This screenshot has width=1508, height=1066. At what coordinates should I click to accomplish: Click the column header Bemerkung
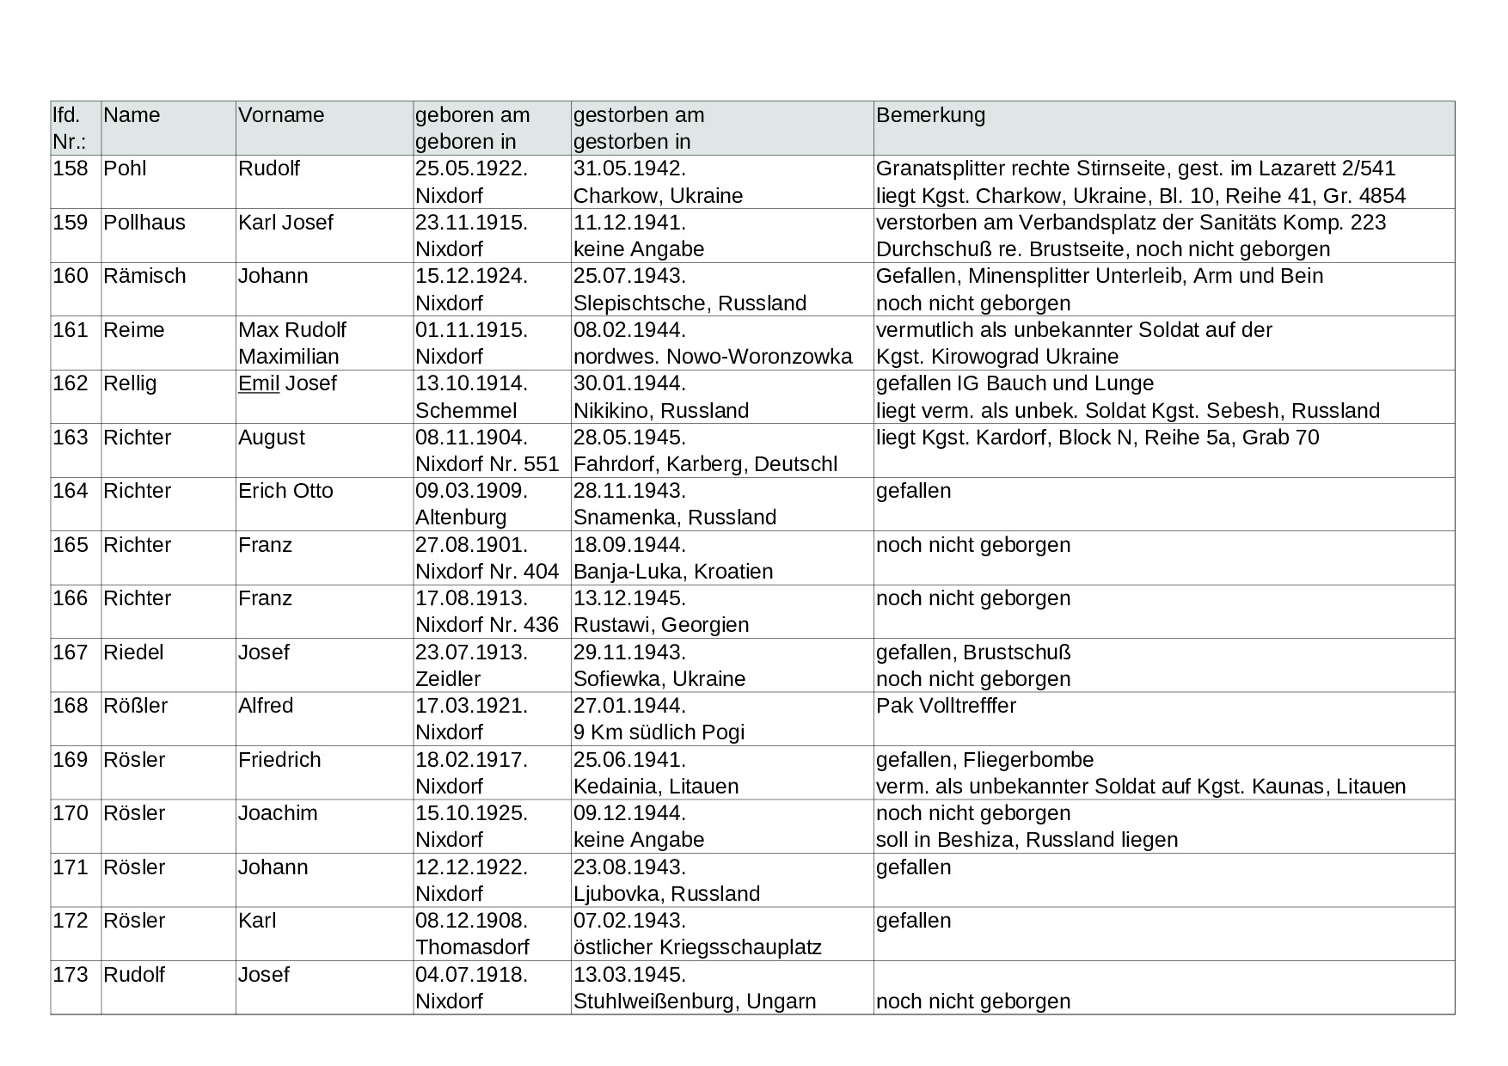(x=930, y=115)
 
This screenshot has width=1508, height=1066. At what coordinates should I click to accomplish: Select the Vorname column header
(x=281, y=115)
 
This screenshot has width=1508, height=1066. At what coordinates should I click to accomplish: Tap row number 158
(x=70, y=168)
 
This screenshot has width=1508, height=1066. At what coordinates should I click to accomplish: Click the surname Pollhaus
(x=144, y=223)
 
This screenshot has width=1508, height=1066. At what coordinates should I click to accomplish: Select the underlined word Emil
(x=259, y=383)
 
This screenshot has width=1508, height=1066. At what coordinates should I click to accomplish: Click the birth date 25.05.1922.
(x=471, y=168)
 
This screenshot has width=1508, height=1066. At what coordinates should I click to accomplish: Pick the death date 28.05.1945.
(x=629, y=438)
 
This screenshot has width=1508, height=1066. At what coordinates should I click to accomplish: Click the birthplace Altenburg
(x=461, y=518)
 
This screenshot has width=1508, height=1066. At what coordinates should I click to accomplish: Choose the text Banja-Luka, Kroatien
(x=673, y=572)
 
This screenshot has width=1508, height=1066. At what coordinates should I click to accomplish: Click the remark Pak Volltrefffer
(x=946, y=706)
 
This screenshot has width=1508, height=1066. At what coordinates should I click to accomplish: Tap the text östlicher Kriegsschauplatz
(x=697, y=947)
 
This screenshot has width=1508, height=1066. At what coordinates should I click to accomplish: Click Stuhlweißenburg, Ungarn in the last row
(x=695, y=1002)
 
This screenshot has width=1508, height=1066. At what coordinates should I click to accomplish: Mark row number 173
(x=70, y=975)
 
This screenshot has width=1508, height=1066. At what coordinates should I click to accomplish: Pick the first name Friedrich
(x=279, y=760)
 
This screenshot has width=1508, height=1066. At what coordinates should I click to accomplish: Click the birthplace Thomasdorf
(x=472, y=947)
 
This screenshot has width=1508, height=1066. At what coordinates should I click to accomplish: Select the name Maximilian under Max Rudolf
(x=289, y=357)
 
